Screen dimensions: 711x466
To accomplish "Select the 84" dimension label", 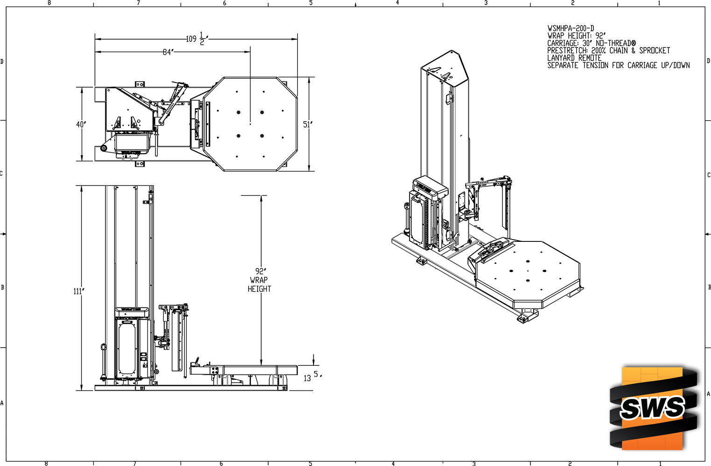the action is [168, 52].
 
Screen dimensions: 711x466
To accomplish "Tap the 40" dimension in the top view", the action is [81, 124].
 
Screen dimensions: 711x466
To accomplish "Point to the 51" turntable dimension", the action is [307, 124].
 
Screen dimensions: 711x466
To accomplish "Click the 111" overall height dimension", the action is [79, 291].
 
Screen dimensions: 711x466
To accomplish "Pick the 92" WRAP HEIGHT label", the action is [259, 280].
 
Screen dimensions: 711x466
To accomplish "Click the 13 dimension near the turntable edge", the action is [307, 378].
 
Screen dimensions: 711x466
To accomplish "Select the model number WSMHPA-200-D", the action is [571, 28].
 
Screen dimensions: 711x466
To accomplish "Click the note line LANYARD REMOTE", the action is [574, 58].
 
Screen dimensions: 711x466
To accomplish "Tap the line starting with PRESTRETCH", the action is [608, 50].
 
